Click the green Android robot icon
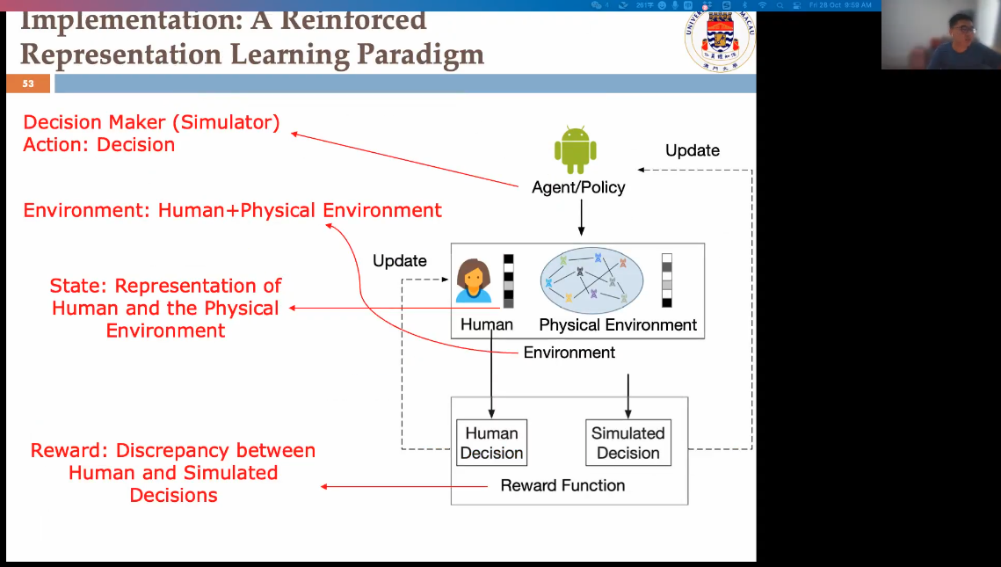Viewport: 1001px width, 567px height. (x=576, y=151)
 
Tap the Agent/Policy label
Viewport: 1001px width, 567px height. (x=578, y=187)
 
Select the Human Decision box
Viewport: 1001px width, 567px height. (x=491, y=443)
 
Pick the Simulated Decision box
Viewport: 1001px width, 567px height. (x=627, y=443)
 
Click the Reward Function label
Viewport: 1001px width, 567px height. (x=562, y=485)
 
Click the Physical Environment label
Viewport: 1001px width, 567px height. (x=618, y=325)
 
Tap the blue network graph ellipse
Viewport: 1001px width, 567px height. (x=591, y=280)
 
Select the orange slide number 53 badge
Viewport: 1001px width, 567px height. (x=28, y=84)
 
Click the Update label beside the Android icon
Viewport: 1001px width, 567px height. (x=692, y=150)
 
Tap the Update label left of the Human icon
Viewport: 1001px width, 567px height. (x=399, y=261)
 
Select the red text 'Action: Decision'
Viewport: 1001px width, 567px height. (x=98, y=145)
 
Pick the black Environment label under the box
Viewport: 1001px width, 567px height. (x=569, y=353)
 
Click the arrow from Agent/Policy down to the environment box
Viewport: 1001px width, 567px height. (x=581, y=217)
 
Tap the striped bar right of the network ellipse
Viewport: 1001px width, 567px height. (x=667, y=280)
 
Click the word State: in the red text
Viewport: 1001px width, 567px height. (x=79, y=287)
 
